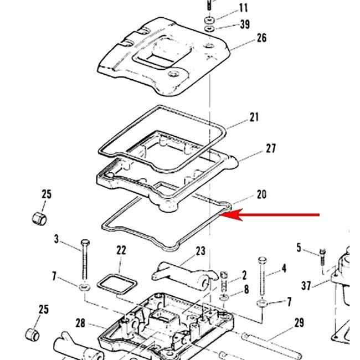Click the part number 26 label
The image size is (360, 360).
(261, 38)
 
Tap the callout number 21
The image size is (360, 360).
(254, 117)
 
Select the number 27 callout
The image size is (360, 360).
(270, 148)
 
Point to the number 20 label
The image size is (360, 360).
(261, 194)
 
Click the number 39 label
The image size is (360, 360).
(244, 24)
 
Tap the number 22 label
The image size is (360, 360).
(121, 251)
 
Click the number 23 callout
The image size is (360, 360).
(200, 251)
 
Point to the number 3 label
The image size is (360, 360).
(56, 239)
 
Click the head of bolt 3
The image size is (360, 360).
(84, 244)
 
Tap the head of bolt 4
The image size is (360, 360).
(262, 261)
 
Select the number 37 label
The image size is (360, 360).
(306, 285)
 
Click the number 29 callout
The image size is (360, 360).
(299, 323)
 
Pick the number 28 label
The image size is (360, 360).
(80, 323)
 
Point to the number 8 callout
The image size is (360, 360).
(246, 289)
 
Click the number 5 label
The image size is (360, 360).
(299, 248)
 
